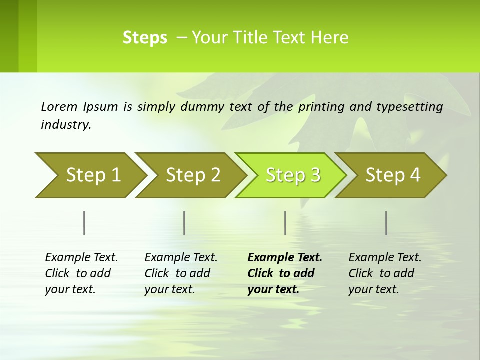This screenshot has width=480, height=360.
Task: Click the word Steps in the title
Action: (x=145, y=38)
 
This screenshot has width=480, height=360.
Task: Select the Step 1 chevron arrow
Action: (x=90, y=175)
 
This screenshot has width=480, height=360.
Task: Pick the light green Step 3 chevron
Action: (x=290, y=175)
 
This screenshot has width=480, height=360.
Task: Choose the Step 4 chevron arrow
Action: (x=391, y=175)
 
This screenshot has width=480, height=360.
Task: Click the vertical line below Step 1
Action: (x=84, y=223)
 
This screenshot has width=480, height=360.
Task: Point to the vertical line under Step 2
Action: (x=184, y=223)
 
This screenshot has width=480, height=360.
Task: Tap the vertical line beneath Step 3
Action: (x=285, y=223)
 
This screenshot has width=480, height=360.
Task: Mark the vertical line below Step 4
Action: (x=386, y=223)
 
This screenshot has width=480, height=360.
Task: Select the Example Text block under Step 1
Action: (x=81, y=273)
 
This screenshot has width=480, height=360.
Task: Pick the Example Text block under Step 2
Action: (x=181, y=273)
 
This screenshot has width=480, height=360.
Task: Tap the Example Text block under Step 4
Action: (x=385, y=273)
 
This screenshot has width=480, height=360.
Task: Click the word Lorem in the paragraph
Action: (x=59, y=106)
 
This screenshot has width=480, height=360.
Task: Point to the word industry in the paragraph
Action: (x=66, y=125)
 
